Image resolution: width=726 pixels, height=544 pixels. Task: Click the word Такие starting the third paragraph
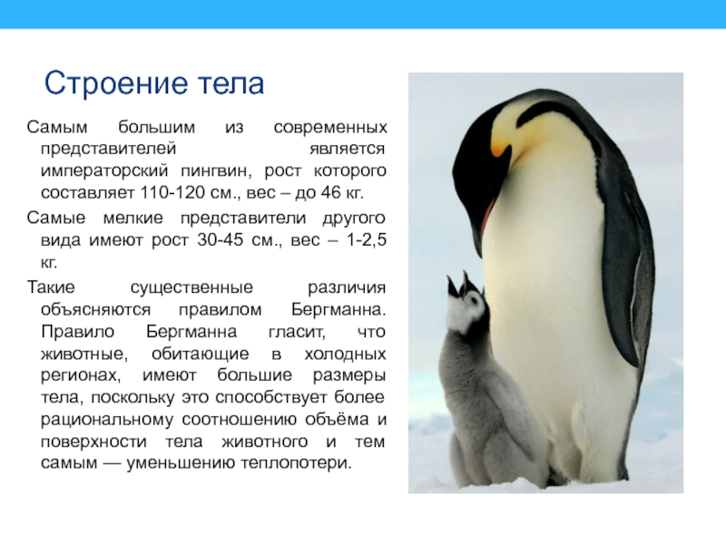tap(52, 287)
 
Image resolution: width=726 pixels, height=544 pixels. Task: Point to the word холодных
tap(345, 354)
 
